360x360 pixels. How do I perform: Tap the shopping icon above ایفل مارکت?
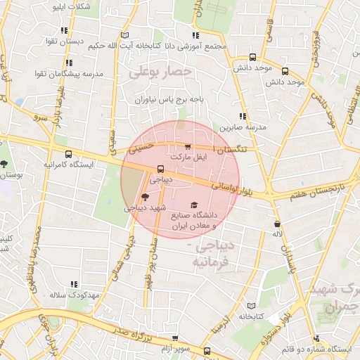[x=187, y=146]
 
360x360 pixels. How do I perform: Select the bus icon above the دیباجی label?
[x=160, y=169]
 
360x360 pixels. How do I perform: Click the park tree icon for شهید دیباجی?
[x=145, y=197]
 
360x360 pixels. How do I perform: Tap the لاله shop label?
[x=278, y=233]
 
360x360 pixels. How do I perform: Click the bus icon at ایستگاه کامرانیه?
[x=69, y=153]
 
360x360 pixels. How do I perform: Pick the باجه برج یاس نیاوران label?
[x=170, y=100]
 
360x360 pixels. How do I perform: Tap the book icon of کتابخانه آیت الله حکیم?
[x=124, y=35]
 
